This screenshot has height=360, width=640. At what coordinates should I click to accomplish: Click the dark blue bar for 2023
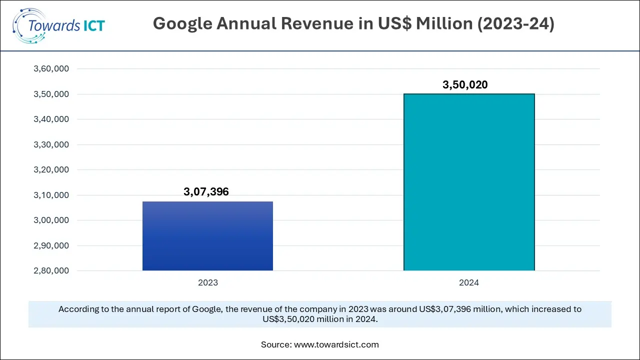(207, 236)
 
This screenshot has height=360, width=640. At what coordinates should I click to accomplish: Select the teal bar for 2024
(469, 182)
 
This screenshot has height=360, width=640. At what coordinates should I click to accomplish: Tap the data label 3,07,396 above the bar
(206, 191)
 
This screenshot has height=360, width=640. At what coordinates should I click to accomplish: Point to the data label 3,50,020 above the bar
(465, 85)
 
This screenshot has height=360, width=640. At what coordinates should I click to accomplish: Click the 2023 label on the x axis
(207, 282)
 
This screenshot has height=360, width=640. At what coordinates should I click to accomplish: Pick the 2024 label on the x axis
(469, 282)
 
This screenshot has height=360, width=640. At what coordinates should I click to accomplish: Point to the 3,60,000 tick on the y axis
(50, 69)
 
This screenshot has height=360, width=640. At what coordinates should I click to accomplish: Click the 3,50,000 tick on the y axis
(50, 94)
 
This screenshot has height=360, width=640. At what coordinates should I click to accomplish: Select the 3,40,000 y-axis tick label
(50, 119)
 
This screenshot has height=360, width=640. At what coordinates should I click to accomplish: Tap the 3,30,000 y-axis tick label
(50, 144)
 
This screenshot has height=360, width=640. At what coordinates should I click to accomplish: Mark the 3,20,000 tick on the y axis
(50, 170)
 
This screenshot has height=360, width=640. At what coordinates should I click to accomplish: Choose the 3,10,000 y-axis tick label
(50, 195)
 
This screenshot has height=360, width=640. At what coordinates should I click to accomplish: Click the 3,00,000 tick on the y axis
(50, 220)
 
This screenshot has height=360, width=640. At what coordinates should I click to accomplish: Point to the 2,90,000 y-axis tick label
(50, 245)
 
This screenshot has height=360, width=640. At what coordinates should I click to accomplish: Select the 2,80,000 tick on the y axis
(50, 271)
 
